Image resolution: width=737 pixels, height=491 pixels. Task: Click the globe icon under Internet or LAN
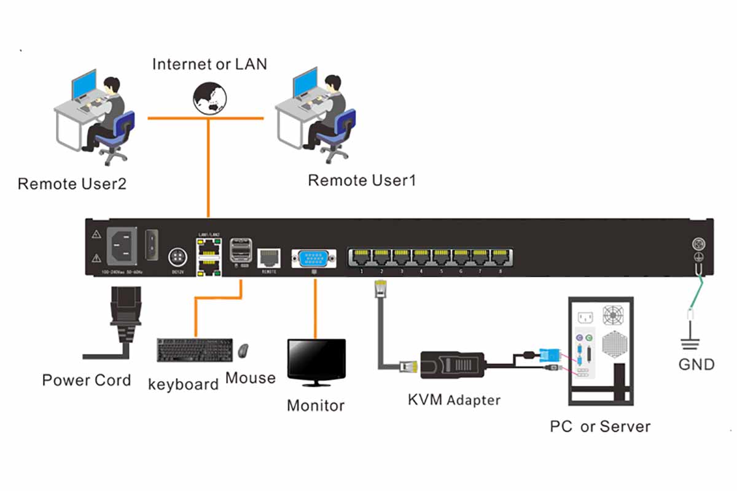click(209, 99)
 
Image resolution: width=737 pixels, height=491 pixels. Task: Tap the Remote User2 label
click(72, 184)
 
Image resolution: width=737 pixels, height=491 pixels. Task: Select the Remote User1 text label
click(362, 180)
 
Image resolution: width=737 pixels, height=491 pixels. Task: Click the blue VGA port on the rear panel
click(314, 257)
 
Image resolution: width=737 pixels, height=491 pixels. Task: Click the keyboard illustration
click(195, 350)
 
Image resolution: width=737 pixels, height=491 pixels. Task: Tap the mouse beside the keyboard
click(244, 350)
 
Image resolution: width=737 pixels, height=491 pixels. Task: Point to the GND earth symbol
click(696, 341)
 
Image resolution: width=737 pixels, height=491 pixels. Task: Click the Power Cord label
click(87, 380)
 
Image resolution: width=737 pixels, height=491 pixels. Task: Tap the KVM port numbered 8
click(501, 257)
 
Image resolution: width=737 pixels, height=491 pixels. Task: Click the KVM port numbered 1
click(362, 257)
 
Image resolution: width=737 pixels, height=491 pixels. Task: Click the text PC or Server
click(599, 426)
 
